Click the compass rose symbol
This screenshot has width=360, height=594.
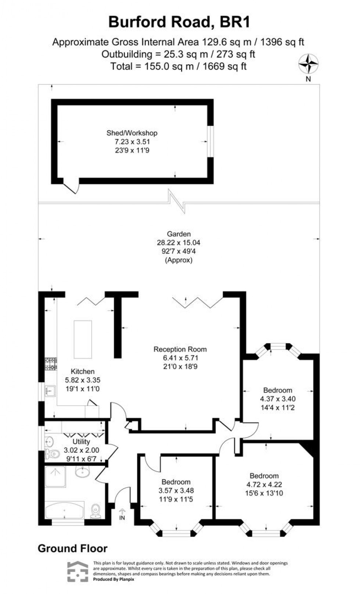point(308,64)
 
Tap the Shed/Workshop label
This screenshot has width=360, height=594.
point(132,133)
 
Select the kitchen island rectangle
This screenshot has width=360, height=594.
point(83,339)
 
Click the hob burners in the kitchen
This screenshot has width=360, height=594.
point(51,364)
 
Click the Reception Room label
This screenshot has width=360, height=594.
point(180,349)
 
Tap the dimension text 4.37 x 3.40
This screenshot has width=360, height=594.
point(278,399)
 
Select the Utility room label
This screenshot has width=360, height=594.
point(81,442)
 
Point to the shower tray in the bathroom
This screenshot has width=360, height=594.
point(55,477)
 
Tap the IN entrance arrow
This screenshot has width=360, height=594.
point(122,513)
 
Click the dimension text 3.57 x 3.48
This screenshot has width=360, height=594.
point(176,490)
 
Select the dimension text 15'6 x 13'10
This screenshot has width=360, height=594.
point(264,493)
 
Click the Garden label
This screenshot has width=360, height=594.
point(179,234)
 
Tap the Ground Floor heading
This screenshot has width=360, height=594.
point(73,548)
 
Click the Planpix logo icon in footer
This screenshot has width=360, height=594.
point(78,572)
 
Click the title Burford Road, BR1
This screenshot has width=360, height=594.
point(179,22)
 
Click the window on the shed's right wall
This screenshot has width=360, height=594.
point(210,142)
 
